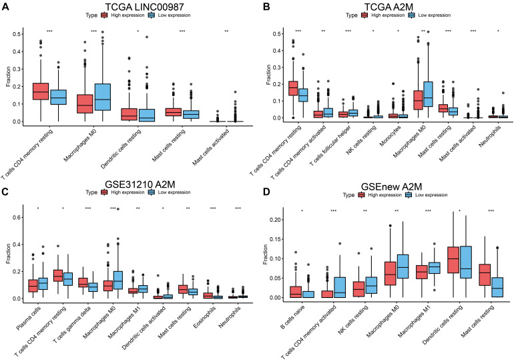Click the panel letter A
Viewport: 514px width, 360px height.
[x=6, y=6]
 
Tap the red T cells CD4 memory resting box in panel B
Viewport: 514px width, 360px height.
[x=293, y=89]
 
